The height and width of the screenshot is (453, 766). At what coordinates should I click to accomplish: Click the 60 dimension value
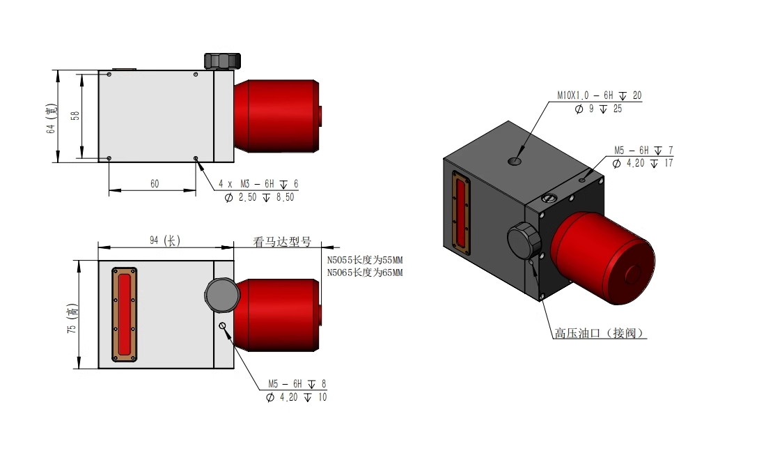(155, 184)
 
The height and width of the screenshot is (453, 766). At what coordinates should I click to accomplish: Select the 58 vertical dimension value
(75, 114)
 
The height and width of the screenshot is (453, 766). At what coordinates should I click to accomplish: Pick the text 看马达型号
(281, 243)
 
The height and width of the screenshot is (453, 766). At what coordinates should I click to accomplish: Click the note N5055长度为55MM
(365, 260)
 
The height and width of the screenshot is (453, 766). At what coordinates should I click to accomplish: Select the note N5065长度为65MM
(365, 272)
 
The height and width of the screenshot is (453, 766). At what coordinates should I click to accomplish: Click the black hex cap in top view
(222, 61)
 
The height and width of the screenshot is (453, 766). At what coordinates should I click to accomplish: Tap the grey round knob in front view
(222, 295)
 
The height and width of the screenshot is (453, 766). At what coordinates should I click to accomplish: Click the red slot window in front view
(125, 314)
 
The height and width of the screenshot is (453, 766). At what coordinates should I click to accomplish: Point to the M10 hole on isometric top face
(515, 162)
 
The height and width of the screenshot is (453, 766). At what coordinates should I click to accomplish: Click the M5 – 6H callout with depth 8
(297, 383)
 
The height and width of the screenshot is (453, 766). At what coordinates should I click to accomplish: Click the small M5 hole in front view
(222, 326)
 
